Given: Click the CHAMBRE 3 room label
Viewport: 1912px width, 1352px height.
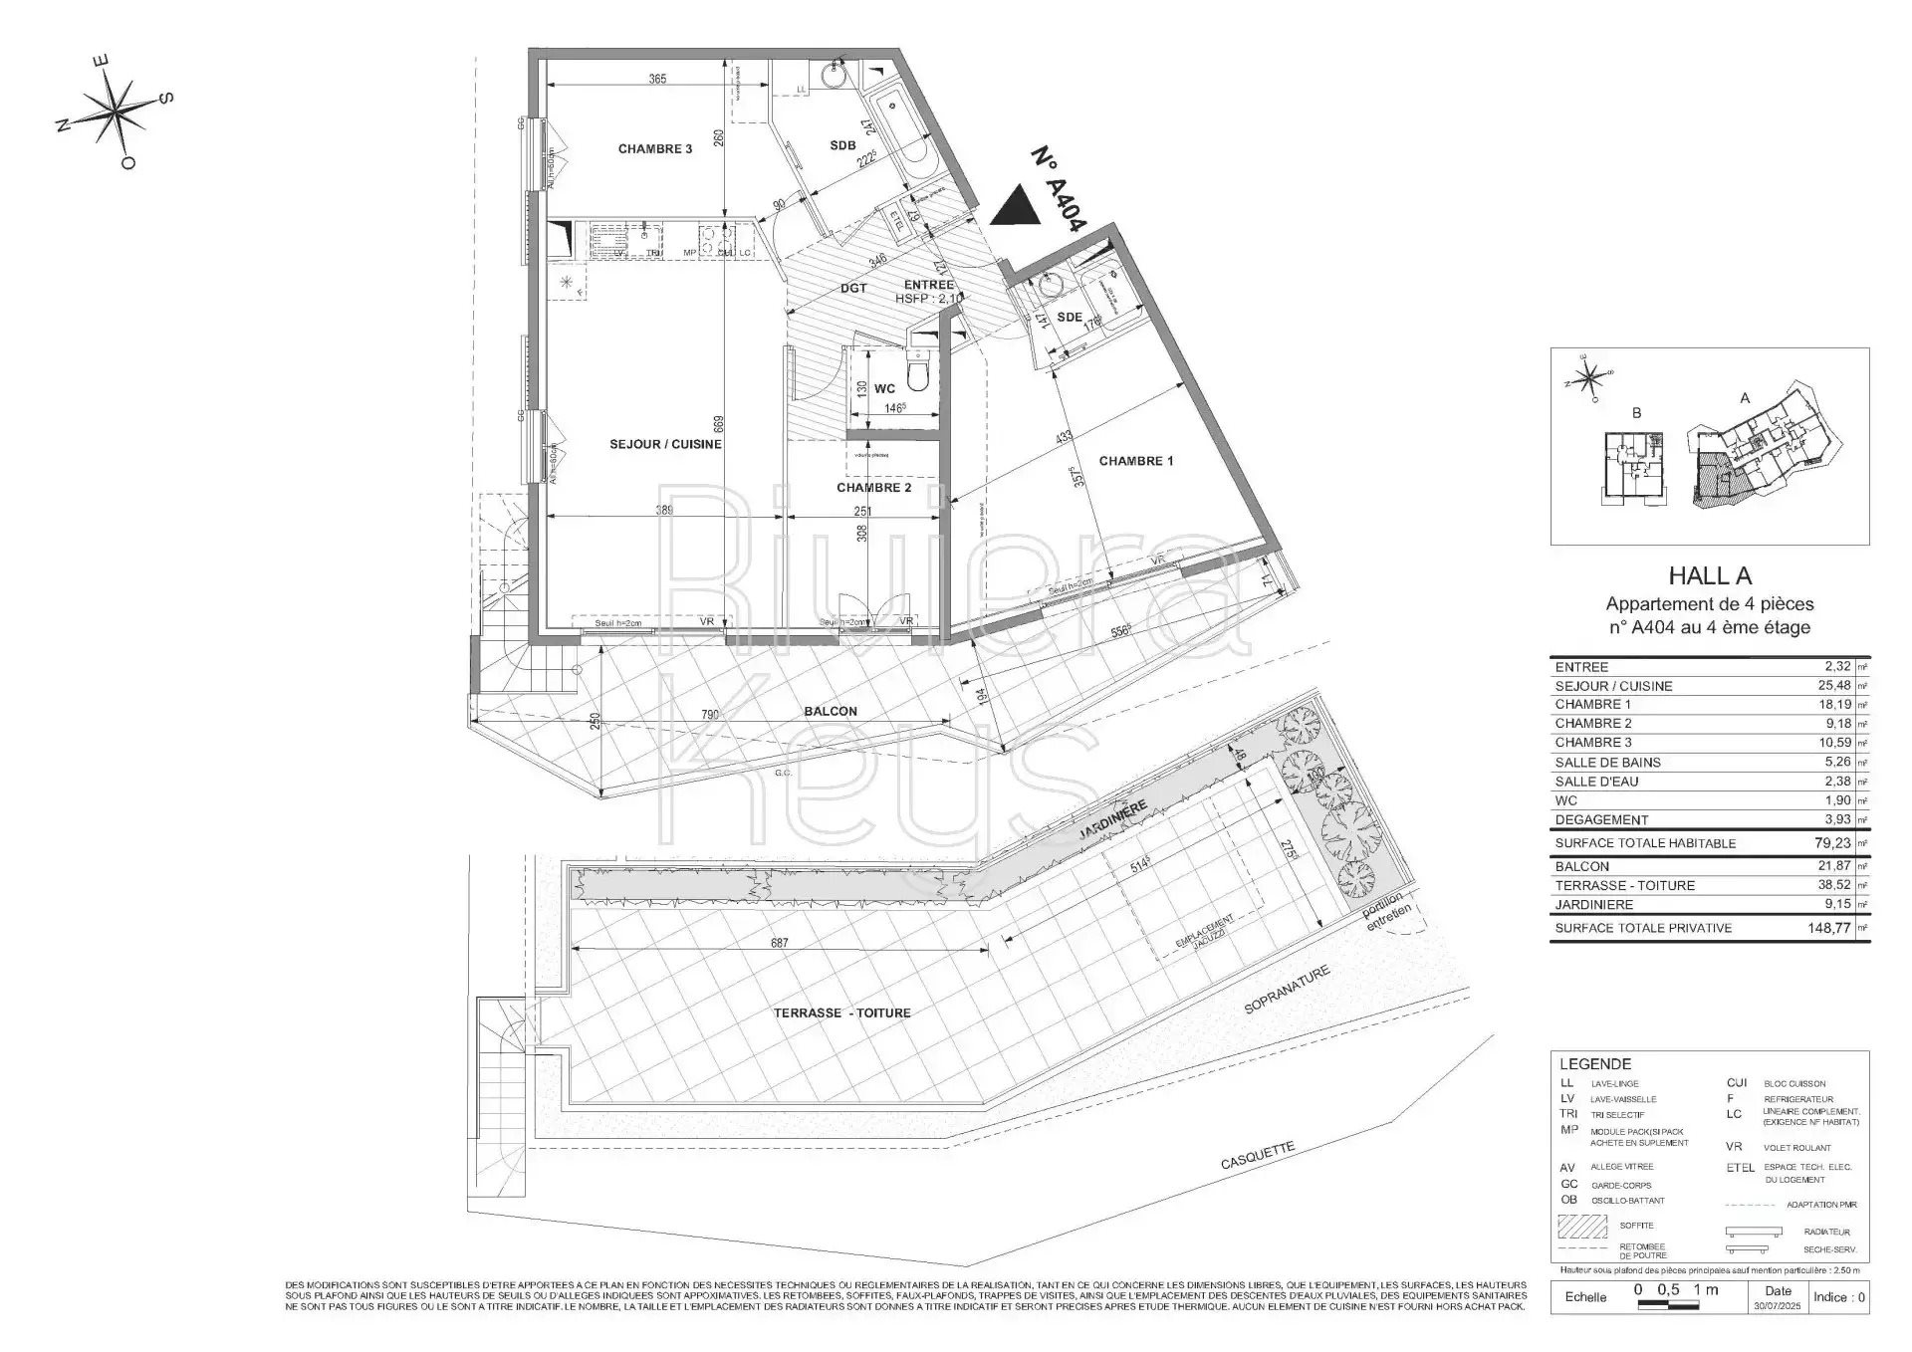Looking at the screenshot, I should click(x=654, y=149).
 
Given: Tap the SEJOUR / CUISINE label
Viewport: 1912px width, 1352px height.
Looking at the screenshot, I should click(x=665, y=444).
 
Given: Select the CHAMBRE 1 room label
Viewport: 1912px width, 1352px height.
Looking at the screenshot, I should click(x=1135, y=461).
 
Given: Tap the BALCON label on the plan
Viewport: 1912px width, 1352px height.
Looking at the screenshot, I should click(x=830, y=711).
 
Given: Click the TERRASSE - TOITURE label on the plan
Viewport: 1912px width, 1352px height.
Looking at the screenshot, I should click(x=841, y=1013).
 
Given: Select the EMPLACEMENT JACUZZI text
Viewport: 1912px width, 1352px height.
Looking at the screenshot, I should click(x=1205, y=936).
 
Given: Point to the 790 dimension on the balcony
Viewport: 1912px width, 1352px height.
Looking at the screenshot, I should click(x=709, y=714).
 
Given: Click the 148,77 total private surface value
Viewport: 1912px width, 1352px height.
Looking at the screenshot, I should click(x=1827, y=927).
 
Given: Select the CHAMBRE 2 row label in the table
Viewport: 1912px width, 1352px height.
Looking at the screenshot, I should click(x=1593, y=723).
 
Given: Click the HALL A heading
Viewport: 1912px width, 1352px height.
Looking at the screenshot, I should click(x=1709, y=575).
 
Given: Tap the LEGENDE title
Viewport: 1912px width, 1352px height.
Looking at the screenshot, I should click(x=1594, y=1063).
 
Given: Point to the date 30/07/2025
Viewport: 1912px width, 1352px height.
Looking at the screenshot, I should click(x=1777, y=1305).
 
